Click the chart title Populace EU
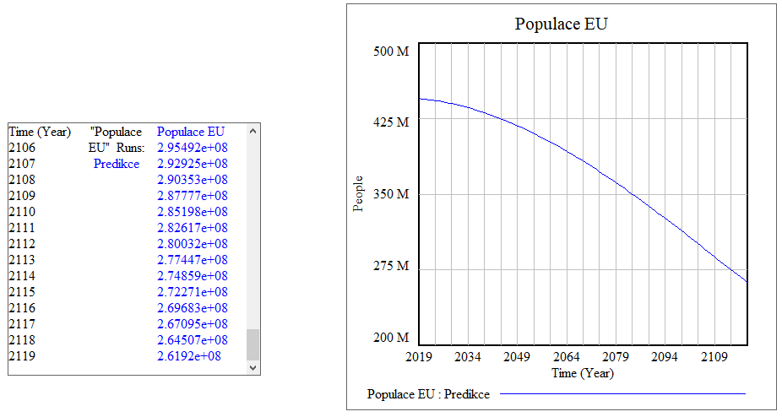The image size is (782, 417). [561, 24]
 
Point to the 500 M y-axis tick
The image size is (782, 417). [391, 51]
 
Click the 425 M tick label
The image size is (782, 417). [391, 122]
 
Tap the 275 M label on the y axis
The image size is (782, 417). [391, 266]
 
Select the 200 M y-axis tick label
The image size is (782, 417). [391, 338]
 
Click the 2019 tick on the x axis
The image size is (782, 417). [419, 357]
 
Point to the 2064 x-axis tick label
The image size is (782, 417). [566, 357]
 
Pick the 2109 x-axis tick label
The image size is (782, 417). [714, 357]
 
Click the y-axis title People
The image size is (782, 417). [358, 193]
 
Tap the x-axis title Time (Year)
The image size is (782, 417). [583, 372]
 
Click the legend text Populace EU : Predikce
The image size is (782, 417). [428, 393]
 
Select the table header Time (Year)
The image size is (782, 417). [40, 132]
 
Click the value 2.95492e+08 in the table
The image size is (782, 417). [193, 148]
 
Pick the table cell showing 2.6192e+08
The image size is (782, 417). [189, 356]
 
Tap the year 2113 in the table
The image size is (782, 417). [23, 260]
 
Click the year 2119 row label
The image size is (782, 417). [23, 356]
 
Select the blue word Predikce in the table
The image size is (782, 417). [117, 164]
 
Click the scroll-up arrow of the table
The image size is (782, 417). [253, 131]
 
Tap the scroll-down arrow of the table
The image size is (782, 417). [253, 368]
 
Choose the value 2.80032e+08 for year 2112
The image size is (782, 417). [193, 244]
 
